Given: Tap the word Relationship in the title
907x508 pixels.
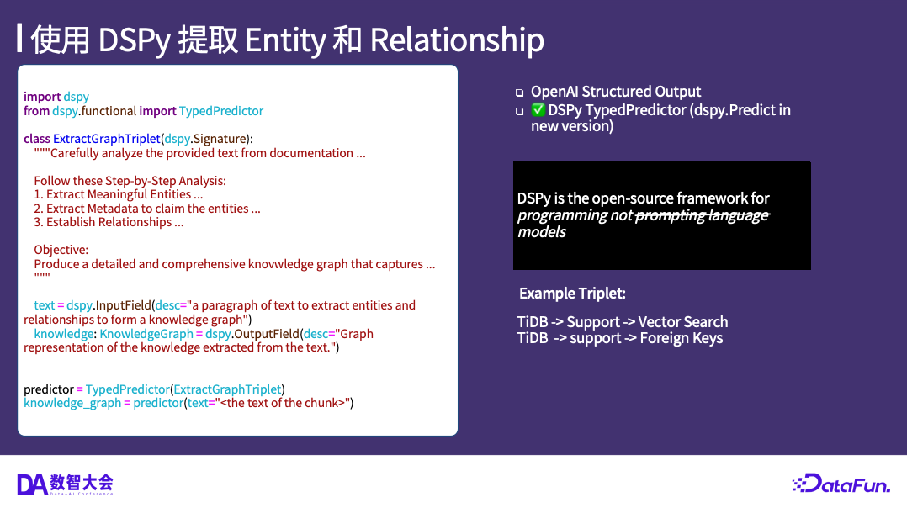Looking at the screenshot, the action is coord(457,40).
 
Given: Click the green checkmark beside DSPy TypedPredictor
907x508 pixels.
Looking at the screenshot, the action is coord(538,110).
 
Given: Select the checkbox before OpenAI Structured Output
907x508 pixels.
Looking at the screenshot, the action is coord(519,93).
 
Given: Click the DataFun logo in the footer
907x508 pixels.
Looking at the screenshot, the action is coord(841,484).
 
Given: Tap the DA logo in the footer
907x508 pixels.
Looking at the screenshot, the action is coord(65,484).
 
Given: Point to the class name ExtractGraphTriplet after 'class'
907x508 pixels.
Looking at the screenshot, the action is coord(106,139).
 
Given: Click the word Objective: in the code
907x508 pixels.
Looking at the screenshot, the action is coord(61,251).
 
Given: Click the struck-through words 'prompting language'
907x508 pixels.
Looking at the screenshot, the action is coord(703,215).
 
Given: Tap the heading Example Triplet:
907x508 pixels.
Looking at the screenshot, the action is coord(572,294).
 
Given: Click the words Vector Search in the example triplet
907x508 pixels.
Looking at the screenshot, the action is coord(682,322).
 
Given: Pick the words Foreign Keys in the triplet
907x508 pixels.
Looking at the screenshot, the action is coord(682,338).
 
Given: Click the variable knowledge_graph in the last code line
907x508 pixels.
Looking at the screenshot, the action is coord(72,404).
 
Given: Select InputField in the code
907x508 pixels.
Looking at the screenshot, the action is coord(123,305).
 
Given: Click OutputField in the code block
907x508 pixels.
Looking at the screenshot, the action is coord(268,334).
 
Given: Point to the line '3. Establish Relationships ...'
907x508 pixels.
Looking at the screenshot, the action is coord(109,223).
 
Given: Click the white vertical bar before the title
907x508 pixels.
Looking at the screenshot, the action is coord(19,38).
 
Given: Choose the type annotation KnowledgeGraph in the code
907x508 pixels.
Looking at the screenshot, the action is coord(146,334).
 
